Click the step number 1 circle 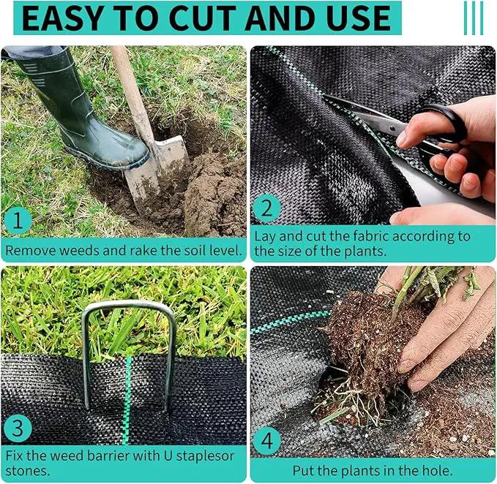point(18,220)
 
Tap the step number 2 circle point(267,208)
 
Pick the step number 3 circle point(18,428)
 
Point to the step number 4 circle point(267,440)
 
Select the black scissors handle point(444,133)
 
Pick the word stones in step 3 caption point(28,471)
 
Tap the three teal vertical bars point(474,18)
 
